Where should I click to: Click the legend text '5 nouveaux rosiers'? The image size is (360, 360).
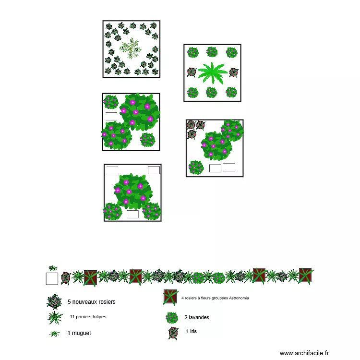pyautogui.click(x=91, y=302)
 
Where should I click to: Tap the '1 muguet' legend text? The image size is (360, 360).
pyautogui.click(x=79, y=333)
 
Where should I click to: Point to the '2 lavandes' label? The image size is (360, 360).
pyautogui.click(x=196, y=317)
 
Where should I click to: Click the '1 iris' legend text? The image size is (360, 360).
pyautogui.click(x=191, y=331)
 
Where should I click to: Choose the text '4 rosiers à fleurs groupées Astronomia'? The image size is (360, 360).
pyautogui.click(x=215, y=298)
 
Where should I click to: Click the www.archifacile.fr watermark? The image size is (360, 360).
pyautogui.click(x=304, y=353)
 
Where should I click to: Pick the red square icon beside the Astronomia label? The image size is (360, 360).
pyautogui.click(x=171, y=297)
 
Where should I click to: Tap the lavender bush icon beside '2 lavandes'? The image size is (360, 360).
pyautogui.click(x=171, y=317)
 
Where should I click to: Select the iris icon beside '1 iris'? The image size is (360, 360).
pyautogui.click(x=173, y=332)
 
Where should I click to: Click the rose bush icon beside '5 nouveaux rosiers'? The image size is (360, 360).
pyautogui.click(x=54, y=301)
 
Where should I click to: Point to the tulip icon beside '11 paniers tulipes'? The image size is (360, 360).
pyautogui.click(x=54, y=317)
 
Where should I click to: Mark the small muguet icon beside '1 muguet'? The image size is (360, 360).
pyautogui.click(x=54, y=333)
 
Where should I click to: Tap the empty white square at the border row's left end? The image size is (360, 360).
pyautogui.click(x=52, y=278)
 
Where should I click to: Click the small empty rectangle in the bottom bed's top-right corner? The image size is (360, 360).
pyautogui.click(x=154, y=170)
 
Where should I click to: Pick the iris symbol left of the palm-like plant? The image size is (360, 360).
pyautogui.click(x=191, y=72)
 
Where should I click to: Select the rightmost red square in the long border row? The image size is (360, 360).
pyautogui.click(x=305, y=276)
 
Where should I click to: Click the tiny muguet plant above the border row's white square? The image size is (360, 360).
pyautogui.click(x=53, y=268)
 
